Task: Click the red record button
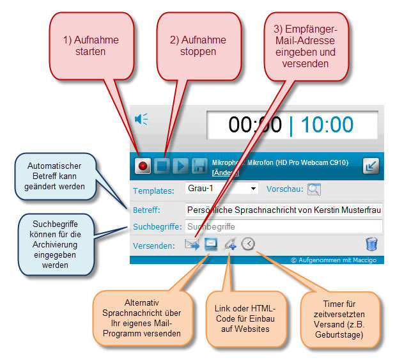(143, 166)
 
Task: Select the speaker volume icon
(141, 119)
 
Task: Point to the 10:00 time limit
(327, 124)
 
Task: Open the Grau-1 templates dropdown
(221, 189)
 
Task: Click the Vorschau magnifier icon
(313, 189)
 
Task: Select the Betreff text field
(283, 210)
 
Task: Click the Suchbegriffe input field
(283, 226)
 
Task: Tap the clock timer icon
(248, 244)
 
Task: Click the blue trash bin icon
(371, 244)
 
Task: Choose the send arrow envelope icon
(192, 244)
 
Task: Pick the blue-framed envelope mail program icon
(210, 244)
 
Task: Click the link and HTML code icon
(229, 244)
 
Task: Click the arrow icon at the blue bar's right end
(371, 166)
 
